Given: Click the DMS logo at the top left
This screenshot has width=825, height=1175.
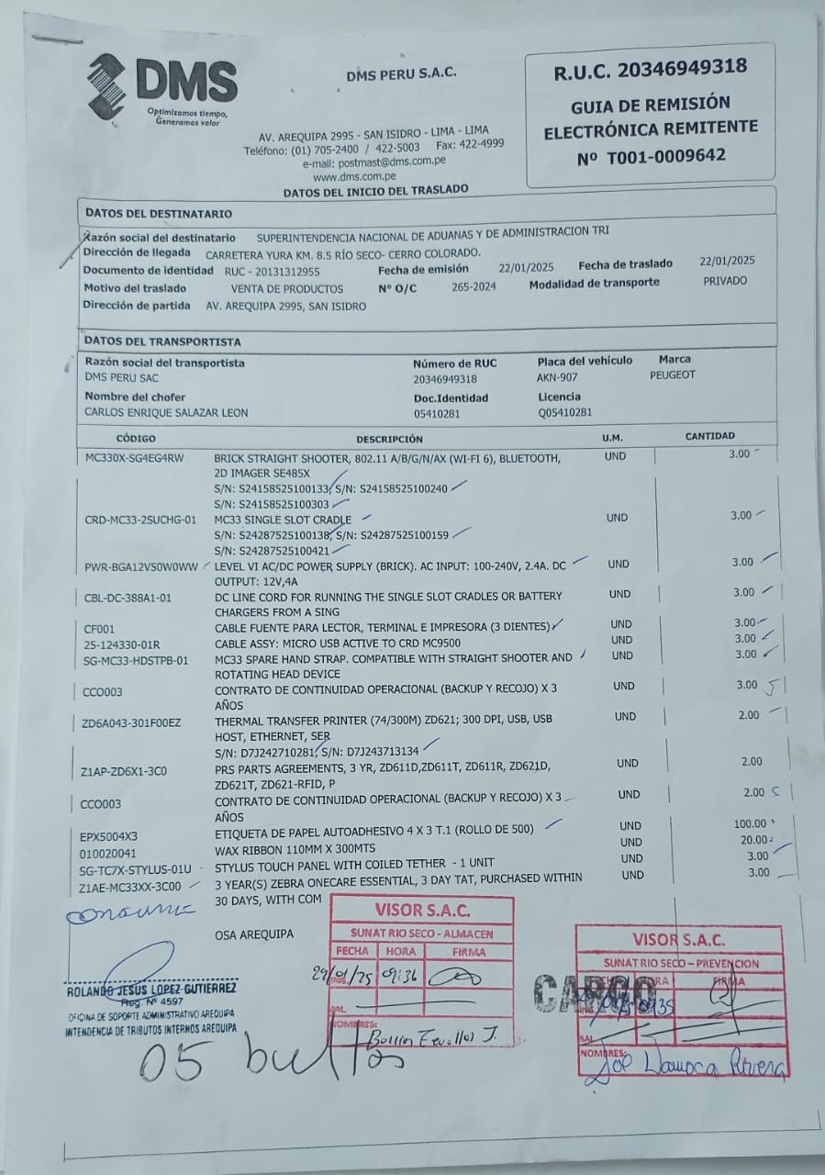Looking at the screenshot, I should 162,88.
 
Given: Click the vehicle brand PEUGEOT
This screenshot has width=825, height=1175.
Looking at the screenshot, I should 673,375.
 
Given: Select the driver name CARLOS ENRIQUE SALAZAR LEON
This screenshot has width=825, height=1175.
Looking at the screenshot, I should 166,413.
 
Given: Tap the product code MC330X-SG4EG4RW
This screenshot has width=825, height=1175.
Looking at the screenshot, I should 135,458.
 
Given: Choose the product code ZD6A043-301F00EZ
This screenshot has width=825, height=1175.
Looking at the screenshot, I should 132,723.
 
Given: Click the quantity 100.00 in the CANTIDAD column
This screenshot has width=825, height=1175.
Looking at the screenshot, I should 750,823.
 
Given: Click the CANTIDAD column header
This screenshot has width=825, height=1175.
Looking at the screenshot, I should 709,436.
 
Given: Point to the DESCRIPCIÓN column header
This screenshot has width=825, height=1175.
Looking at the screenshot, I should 396,440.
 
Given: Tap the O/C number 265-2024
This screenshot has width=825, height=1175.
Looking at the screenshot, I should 474,287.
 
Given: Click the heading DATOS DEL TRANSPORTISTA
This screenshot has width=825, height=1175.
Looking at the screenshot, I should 163,341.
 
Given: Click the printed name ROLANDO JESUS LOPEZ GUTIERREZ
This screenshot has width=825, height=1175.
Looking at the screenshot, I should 151,989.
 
